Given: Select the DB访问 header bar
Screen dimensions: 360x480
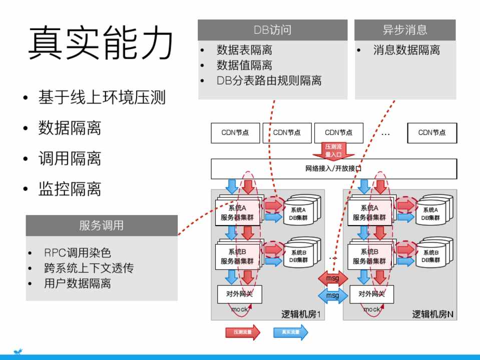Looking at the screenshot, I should click(x=272, y=30).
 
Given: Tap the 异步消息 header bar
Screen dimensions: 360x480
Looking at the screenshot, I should click(x=405, y=30).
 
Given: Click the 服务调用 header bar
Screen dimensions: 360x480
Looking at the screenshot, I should click(x=101, y=225).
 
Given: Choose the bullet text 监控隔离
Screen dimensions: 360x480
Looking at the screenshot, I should click(x=70, y=189).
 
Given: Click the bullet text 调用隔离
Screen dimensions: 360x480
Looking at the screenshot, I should click(x=70, y=158).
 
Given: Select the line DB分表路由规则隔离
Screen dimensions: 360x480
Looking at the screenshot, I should click(x=269, y=80).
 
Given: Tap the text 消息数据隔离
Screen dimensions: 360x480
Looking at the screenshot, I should click(x=406, y=50).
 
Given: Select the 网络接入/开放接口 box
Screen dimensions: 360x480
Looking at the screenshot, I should click(x=333, y=168).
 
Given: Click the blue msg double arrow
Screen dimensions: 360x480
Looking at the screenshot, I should click(x=332, y=295).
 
